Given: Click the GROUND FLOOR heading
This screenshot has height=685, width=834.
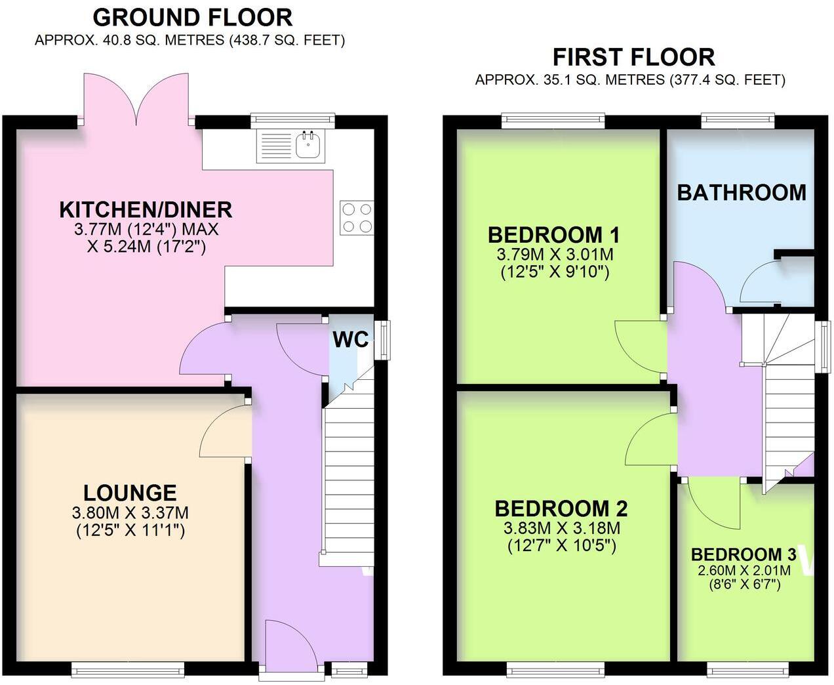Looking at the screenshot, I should click(192, 17).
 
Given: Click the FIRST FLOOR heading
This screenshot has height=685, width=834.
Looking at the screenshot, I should click(633, 57).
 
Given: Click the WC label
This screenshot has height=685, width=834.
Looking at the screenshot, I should click(351, 339).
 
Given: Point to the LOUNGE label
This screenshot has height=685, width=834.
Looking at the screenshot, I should click(130, 493).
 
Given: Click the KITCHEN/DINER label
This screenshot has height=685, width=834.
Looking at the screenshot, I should click(146, 209).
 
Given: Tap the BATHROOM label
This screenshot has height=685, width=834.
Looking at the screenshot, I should click(742, 192).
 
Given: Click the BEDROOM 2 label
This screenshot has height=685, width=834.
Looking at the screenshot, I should click(561, 509).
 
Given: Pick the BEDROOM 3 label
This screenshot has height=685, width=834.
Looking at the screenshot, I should click(744, 554).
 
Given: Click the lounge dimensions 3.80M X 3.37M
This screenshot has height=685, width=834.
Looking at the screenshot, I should click(130, 512).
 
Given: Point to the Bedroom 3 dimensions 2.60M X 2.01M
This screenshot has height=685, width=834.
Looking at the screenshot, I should click(744, 570).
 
